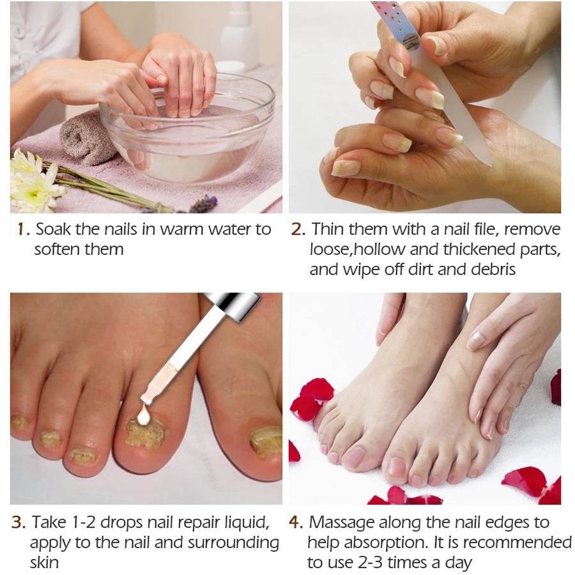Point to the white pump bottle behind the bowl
pos(240,32)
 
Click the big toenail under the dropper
pos(145,434)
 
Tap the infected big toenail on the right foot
pos(266,441)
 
